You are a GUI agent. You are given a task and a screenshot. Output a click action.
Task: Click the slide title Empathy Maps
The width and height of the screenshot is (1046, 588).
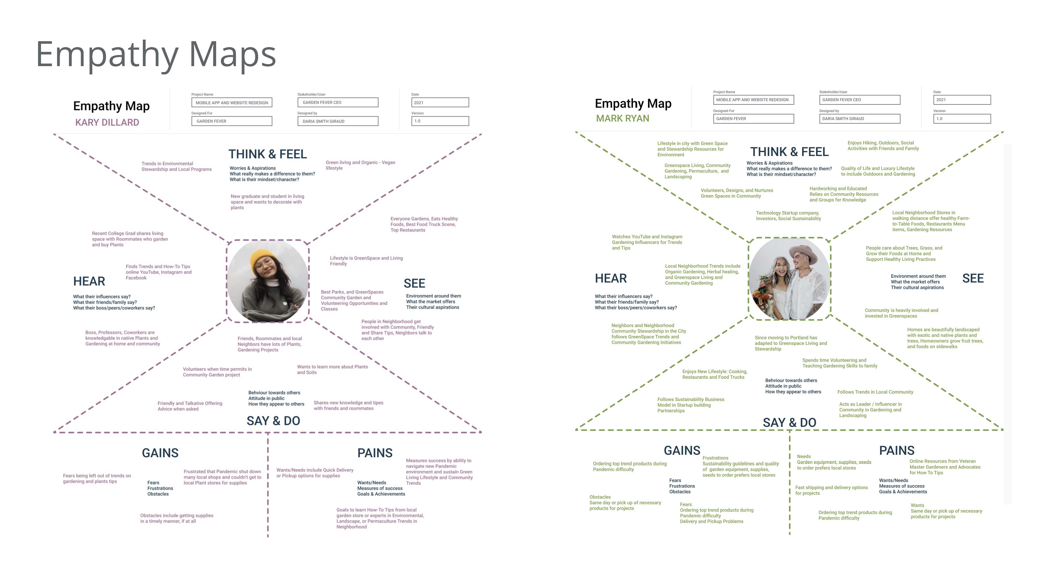[156, 55]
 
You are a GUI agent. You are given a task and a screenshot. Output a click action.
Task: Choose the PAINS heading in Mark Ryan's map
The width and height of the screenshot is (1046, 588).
[897, 450]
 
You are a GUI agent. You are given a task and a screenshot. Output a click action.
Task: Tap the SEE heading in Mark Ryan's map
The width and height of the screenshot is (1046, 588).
[973, 278]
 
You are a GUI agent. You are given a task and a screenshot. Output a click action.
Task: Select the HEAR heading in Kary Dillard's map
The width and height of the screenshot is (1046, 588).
[89, 281]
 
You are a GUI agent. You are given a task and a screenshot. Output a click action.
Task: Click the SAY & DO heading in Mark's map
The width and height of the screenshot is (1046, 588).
[789, 422]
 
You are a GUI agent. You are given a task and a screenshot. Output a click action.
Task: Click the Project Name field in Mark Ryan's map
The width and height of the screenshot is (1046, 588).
[753, 100]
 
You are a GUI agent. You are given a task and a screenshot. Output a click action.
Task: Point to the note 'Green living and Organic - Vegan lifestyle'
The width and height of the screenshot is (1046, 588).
[360, 165]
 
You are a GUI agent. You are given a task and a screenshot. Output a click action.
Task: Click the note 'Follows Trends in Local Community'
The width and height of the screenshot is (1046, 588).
[875, 392]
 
